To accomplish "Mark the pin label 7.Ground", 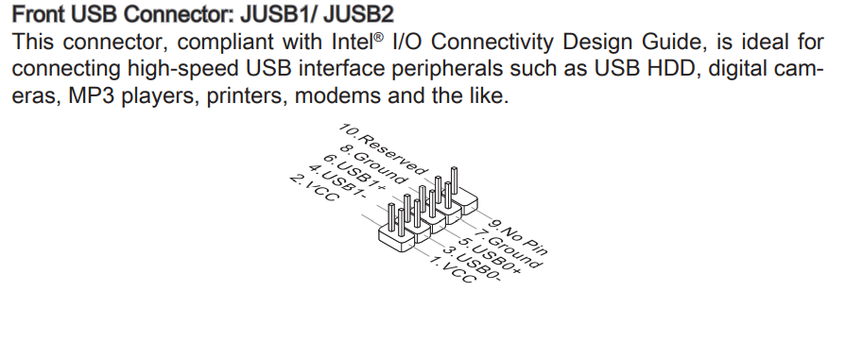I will pos(509,249).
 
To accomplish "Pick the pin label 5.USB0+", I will pos(492,261).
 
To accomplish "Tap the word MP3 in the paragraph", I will pos(95,97).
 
